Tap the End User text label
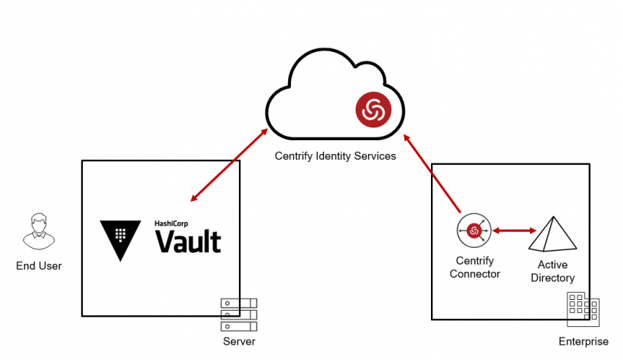(39, 266)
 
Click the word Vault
(188, 241)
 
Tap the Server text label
(240, 342)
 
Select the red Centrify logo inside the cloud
(373, 110)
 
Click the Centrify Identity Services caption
(335, 156)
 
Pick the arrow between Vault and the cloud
(228, 165)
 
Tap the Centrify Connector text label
(475, 268)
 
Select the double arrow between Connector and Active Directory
(513, 231)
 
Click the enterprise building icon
(583, 311)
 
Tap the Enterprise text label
(583, 342)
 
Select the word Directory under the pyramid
(553, 278)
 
